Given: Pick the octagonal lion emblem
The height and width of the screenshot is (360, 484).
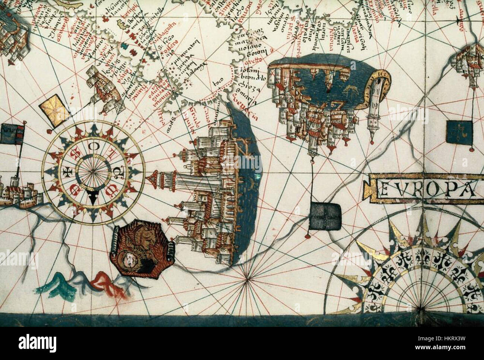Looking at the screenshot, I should tap(141, 251).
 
